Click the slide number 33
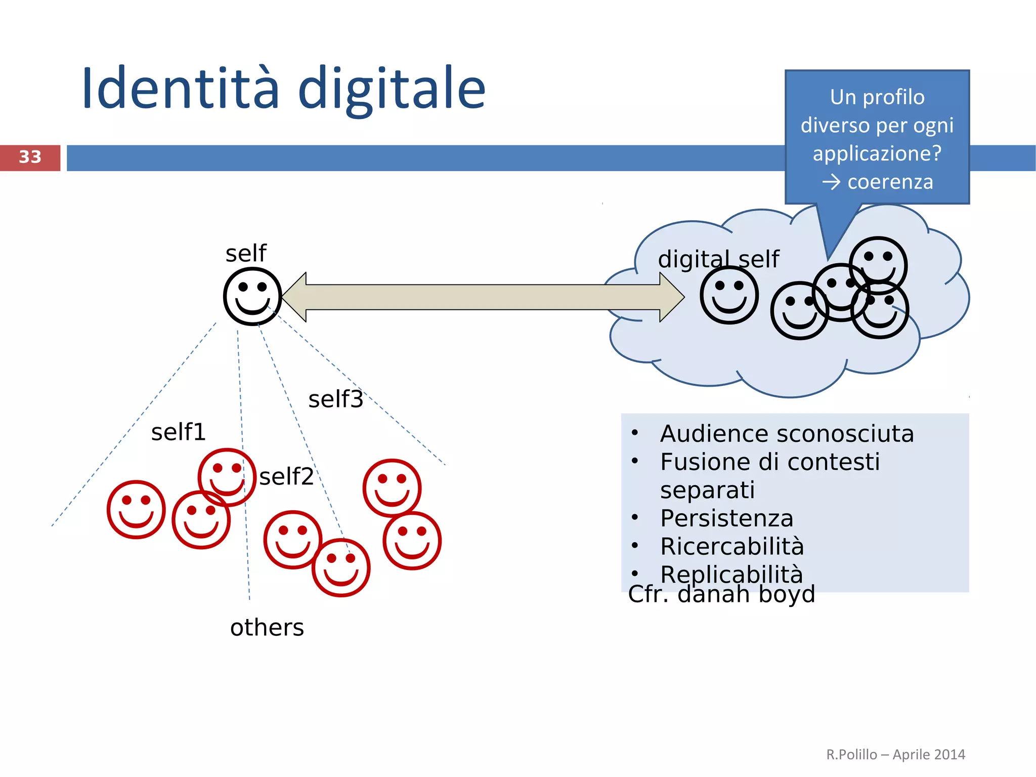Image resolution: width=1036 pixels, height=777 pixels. tap(30, 157)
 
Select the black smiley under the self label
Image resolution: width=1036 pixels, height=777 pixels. tap(252, 296)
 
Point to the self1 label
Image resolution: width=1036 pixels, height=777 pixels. tap(179, 432)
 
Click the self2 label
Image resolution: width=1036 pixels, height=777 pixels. tap(286, 477)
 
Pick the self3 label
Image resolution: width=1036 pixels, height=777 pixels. tap(335, 399)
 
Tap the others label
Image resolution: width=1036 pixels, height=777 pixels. tap(267, 628)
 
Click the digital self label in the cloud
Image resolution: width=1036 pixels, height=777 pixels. tap(718, 259)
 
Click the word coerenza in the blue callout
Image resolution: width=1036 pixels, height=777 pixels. tap(890, 182)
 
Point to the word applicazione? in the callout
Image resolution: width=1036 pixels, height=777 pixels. tap(877, 153)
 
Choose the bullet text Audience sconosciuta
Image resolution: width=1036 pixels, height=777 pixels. tap(787, 434)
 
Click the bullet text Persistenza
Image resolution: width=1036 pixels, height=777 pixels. tap(726, 518)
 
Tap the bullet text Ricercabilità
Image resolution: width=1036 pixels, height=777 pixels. tap(732, 547)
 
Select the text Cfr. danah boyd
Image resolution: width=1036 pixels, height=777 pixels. tap(721, 594)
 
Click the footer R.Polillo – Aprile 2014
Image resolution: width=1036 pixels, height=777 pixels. tap(895, 755)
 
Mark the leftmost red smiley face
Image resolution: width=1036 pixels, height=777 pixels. tap(136, 509)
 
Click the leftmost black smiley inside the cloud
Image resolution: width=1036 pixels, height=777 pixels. tap(729, 295)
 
